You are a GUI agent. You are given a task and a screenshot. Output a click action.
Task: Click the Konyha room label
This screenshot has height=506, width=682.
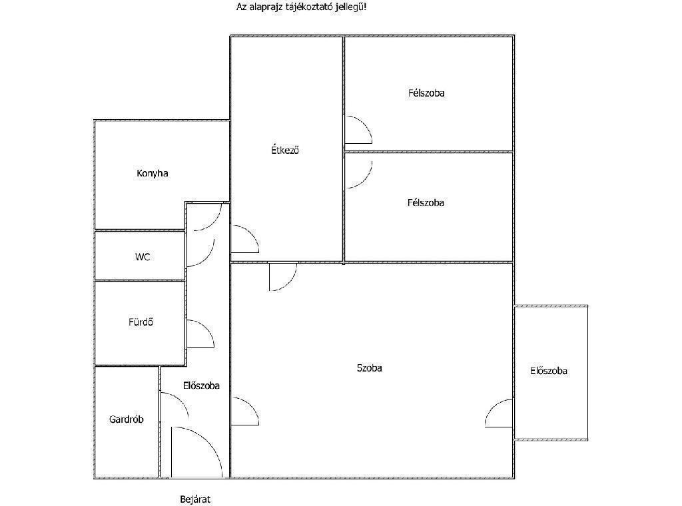pyautogui.click(x=153, y=174)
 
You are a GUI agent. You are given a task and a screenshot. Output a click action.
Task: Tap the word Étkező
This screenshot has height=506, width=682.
pyautogui.click(x=285, y=150)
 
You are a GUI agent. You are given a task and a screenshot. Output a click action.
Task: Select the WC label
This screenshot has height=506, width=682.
pyautogui.click(x=143, y=257)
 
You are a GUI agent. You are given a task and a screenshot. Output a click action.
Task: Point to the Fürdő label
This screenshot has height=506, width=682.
pyautogui.click(x=141, y=322)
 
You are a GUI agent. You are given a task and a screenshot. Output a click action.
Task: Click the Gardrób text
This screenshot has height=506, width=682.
pyautogui.click(x=126, y=419)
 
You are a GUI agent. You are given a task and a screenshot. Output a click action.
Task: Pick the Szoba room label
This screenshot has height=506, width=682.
pyautogui.click(x=369, y=368)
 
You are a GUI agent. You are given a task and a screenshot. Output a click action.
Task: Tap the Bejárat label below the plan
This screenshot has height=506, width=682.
pyautogui.click(x=195, y=499)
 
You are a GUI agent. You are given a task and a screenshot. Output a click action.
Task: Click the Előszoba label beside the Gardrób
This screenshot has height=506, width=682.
pyautogui.click(x=201, y=385)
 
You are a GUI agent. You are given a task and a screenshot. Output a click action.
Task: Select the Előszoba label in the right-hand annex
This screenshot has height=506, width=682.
pyautogui.click(x=549, y=371)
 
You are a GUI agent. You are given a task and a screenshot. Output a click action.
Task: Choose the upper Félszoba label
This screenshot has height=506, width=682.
pyautogui.click(x=426, y=93)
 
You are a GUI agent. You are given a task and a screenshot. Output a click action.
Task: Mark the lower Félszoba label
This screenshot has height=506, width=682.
pyautogui.click(x=426, y=202)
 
